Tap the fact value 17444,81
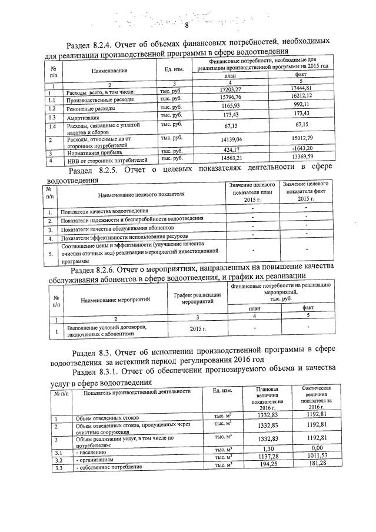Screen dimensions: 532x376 (x=301, y=87)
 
